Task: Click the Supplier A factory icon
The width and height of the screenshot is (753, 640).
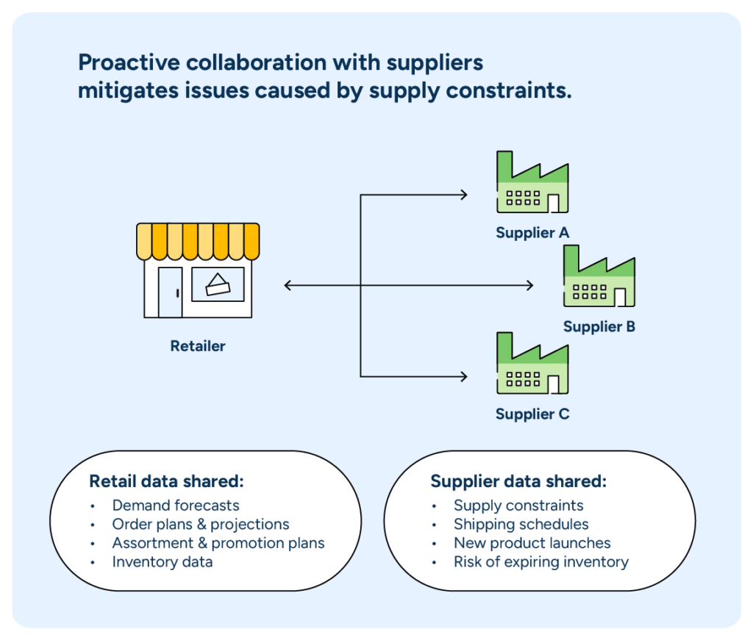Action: tap(532, 184)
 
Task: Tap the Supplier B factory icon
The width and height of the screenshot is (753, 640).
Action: tap(599, 278)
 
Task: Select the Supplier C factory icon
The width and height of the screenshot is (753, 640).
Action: tap(532, 364)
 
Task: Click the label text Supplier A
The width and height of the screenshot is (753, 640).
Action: tap(532, 233)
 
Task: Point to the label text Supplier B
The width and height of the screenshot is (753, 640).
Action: tap(599, 326)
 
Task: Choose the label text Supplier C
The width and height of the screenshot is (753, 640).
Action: tap(532, 414)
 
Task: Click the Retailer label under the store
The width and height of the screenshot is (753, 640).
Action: tap(198, 345)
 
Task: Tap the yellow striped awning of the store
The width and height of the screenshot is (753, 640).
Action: tap(198, 241)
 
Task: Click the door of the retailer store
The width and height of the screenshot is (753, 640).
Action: tap(170, 292)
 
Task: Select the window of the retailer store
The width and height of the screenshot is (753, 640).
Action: tap(218, 284)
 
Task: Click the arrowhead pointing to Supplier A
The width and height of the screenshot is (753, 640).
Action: tap(463, 195)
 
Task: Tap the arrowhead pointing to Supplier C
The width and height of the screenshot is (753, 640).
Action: tap(463, 377)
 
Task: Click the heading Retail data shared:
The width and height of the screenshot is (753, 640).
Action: tap(166, 481)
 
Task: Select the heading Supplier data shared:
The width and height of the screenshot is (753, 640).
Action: tap(518, 481)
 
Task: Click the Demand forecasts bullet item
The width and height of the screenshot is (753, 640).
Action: tap(176, 506)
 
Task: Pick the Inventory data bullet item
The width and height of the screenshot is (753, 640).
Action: tap(163, 562)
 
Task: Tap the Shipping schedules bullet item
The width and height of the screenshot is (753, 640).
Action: tap(521, 525)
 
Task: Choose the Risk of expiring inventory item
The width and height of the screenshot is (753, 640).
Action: tap(541, 562)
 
